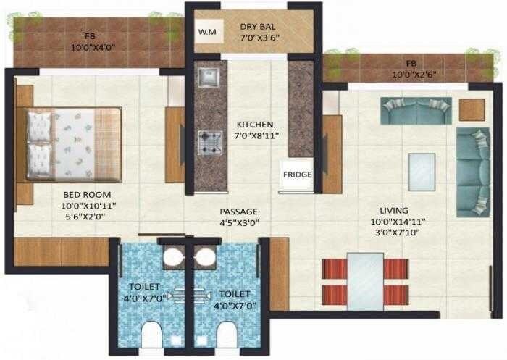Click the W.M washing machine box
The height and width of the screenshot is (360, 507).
(x=207, y=32)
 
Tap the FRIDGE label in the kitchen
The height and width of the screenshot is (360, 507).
(x=297, y=175)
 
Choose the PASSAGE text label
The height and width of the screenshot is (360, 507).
(x=239, y=212)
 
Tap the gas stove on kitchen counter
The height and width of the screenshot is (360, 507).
(x=211, y=140)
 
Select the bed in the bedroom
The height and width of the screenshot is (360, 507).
(x=72, y=143)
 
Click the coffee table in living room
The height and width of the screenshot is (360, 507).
(x=422, y=171)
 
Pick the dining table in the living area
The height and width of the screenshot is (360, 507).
(x=364, y=280)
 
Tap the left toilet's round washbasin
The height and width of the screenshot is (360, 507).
(x=172, y=257)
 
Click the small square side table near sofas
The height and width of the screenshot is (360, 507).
(x=472, y=110)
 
